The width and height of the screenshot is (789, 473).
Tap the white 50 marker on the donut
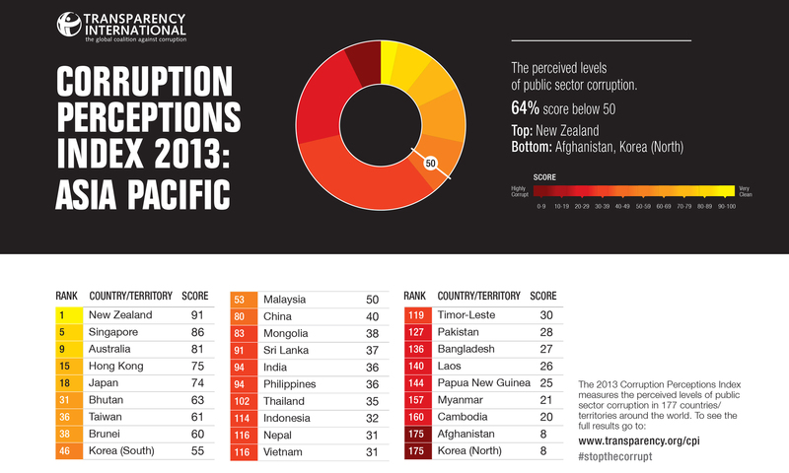[x=431, y=164]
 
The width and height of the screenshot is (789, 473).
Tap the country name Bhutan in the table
[x=107, y=399]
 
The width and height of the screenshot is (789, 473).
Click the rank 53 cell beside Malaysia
[x=241, y=299]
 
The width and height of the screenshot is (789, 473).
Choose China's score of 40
[x=371, y=316]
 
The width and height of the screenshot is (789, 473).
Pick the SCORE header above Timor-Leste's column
[x=543, y=295]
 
